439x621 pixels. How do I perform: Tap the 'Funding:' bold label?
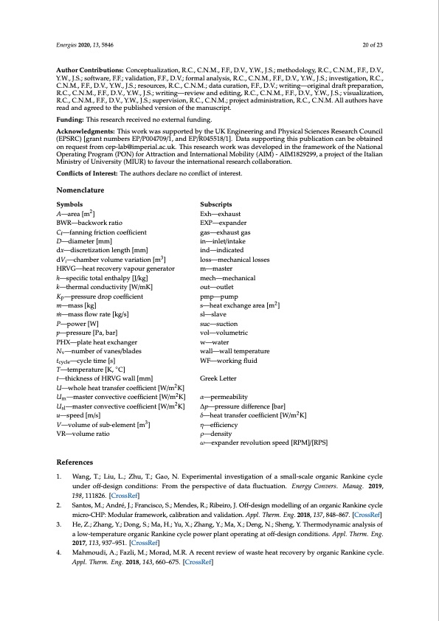pyautogui.click(x=71, y=118)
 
